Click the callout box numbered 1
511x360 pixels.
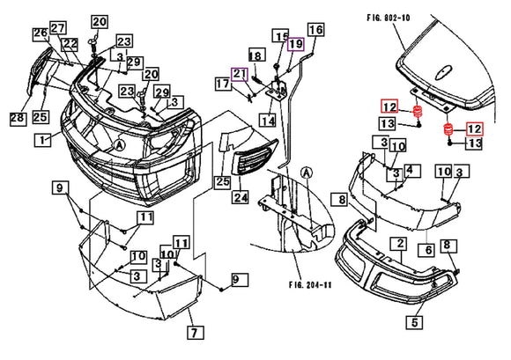(x=40, y=140)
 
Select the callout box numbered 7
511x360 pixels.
(x=194, y=332)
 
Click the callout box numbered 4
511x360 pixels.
(x=412, y=169)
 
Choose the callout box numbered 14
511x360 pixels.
(x=267, y=119)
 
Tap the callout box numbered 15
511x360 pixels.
(x=280, y=36)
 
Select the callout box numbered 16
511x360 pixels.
(x=315, y=31)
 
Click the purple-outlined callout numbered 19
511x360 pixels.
(x=295, y=45)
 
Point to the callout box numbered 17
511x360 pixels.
(x=223, y=84)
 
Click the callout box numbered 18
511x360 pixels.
(x=255, y=56)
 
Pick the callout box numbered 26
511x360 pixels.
(x=41, y=33)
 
